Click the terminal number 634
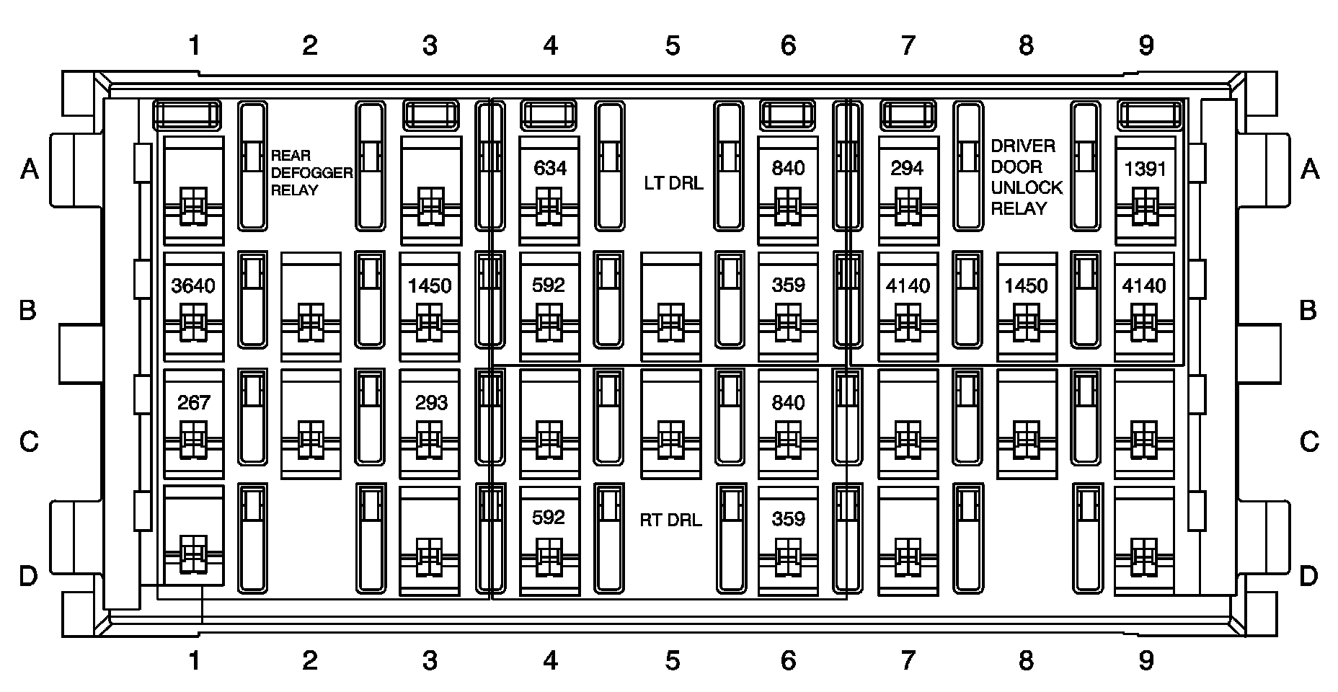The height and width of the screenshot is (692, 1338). pos(549,169)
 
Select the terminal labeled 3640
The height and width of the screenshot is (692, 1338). pos(193,286)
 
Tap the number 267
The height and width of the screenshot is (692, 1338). pos(193,402)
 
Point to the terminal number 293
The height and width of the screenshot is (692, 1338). pos(431,402)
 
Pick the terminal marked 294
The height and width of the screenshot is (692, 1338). pos(907,169)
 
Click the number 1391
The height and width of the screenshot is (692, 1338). pos(1145,169)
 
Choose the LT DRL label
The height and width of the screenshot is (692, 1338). pos(673,183)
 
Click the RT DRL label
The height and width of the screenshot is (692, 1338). pos(670,520)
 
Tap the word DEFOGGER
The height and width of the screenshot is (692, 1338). pos(311,173)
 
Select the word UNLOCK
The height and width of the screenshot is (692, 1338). pos(1027,187)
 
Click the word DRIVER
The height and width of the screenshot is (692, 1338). pos(1023,146)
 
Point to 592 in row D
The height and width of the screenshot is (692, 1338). pos(548,518)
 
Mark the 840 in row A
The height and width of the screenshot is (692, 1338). pos(788,169)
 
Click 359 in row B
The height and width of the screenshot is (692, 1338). pos(788,285)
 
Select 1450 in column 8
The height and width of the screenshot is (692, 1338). pos(1026,286)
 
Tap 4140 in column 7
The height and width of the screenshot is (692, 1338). pos(908,286)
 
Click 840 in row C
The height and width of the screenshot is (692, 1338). pos(788,402)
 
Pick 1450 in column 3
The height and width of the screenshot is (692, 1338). pos(430,286)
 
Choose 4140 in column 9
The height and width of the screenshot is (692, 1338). pos(1144,286)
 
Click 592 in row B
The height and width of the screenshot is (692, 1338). pos(548,285)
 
